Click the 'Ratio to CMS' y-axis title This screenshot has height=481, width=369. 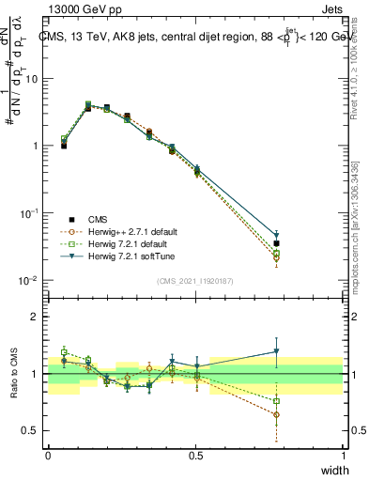[15, 374]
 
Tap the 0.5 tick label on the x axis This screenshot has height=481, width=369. [195, 458]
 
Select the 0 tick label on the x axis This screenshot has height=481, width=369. [48, 458]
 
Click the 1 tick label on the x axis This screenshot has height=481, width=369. [343, 458]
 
